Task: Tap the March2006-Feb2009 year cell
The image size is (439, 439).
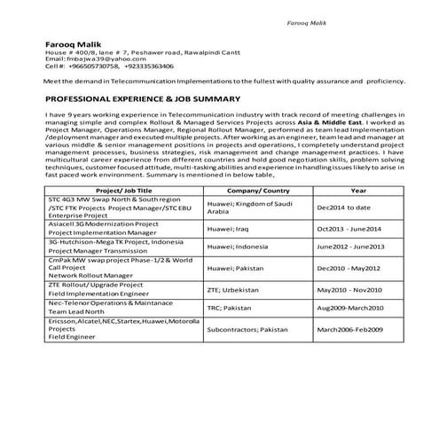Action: click(356, 330)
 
